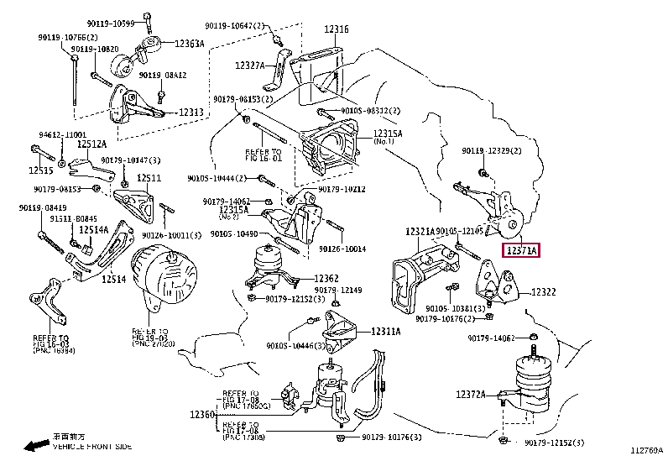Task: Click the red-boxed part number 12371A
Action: coord(520,250)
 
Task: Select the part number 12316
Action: coord(336,29)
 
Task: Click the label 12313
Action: coord(190,113)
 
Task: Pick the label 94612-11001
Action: coord(60,134)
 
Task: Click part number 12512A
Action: coord(94,144)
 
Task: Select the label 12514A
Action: coord(94,229)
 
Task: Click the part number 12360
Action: coord(202,415)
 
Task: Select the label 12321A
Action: coord(420,231)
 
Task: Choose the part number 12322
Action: coord(543,292)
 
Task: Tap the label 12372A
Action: coord(472,394)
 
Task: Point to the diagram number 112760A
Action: coord(647,451)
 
